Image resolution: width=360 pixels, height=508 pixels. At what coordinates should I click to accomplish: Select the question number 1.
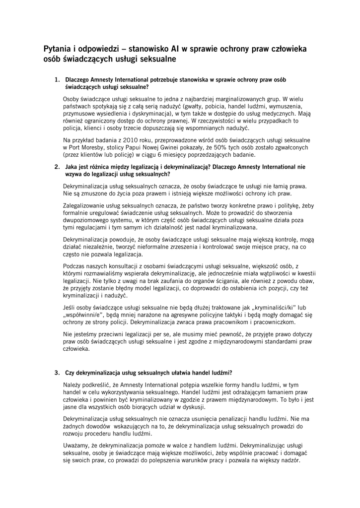point(57,79)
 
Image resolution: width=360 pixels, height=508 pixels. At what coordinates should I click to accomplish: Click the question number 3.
point(57,373)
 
